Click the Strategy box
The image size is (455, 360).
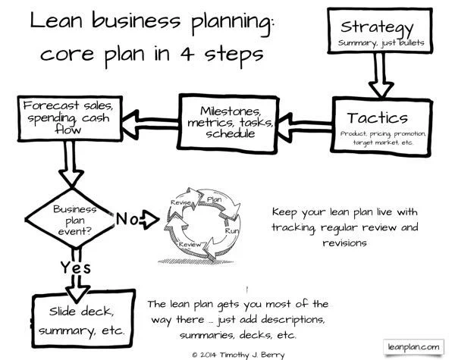click(x=380, y=31)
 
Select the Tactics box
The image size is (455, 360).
click(x=381, y=127)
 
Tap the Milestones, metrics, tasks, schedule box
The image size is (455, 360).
click(x=228, y=123)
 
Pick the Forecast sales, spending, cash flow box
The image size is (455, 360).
click(x=70, y=118)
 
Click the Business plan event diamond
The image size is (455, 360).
click(x=70, y=219)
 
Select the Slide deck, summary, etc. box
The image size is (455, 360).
click(x=83, y=319)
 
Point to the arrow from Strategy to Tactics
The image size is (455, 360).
click(x=381, y=76)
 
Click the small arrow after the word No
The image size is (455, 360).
click(x=149, y=220)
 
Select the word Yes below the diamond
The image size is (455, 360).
click(x=75, y=268)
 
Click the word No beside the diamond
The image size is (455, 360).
click(x=127, y=218)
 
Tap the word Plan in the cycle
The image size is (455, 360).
click(x=214, y=199)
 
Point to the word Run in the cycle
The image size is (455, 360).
click(x=232, y=231)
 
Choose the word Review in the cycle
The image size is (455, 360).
click(x=190, y=244)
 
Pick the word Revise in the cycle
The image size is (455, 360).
click(x=180, y=202)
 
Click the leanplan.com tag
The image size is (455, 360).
click(x=413, y=347)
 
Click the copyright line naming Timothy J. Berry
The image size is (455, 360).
click(x=238, y=355)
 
